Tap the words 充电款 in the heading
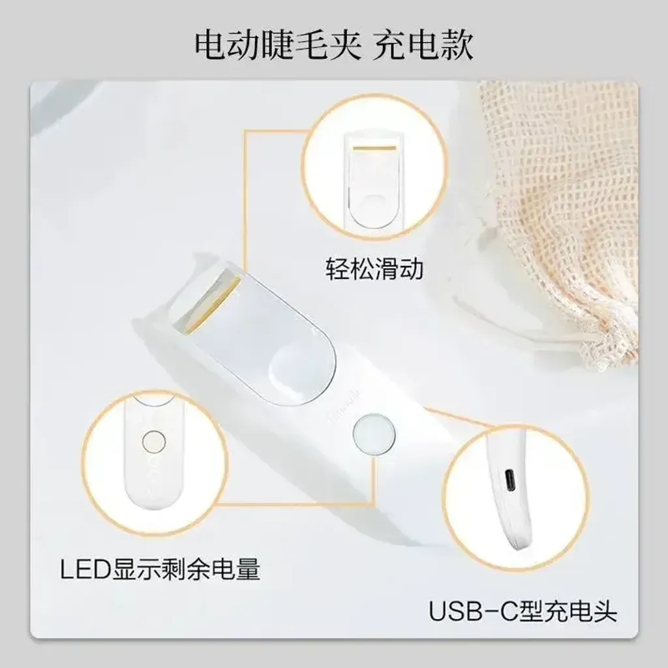pos(423,45)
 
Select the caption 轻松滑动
pos(374,269)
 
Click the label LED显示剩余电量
pos(160,569)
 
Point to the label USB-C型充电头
pos(523,611)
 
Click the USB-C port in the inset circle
pos(510,481)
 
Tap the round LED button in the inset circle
pos(154,442)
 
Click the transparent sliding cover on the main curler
pos(256,337)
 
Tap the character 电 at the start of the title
pos(211,45)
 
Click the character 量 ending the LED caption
pos(248,569)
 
